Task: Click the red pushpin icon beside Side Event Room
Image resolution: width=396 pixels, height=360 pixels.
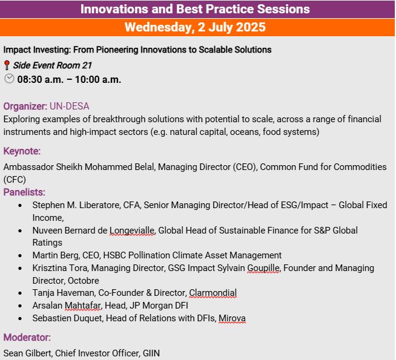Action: (x=7, y=65)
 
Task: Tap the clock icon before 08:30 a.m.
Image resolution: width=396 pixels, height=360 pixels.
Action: (x=9, y=79)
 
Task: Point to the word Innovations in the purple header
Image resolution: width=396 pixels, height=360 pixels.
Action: (x=114, y=9)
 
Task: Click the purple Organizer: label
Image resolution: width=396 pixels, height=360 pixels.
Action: (x=25, y=106)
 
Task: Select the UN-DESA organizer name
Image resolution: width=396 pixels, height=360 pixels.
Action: (x=70, y=106)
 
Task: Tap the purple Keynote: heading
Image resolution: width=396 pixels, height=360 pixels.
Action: (x=22, y=151)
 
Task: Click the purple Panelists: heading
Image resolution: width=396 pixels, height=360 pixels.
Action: (x=24, y=192)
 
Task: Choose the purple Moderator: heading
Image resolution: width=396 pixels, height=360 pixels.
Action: (x=27, y=337)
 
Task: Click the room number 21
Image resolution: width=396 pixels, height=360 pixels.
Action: (x=87, y=65)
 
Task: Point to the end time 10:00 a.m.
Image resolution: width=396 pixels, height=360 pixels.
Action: (x=98, y=80)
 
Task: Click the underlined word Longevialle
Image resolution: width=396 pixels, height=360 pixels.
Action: (x=132, y=231)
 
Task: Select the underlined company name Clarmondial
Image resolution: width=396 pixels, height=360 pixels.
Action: (x=213, y=293)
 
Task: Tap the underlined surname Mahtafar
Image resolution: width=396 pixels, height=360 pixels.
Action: (x=83, y=306)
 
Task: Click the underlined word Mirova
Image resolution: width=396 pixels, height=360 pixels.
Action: (x=232, y=318)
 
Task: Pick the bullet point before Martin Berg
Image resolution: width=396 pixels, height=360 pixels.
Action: (x=20, y=255)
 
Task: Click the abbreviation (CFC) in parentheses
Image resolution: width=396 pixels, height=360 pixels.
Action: (x=15, y=180)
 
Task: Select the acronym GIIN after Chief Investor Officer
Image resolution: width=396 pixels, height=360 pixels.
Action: (x=151, y=353)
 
